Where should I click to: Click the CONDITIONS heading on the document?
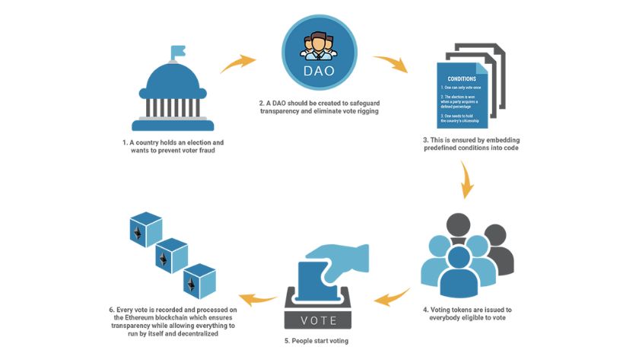point(463,78)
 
